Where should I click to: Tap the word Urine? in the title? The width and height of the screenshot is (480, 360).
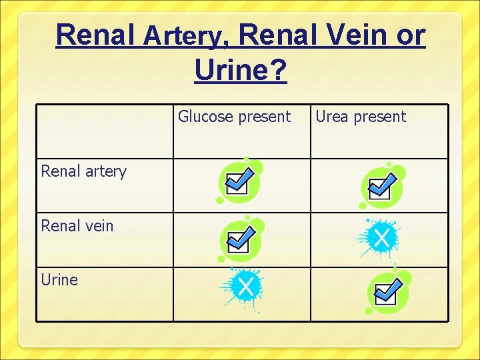[241, 69]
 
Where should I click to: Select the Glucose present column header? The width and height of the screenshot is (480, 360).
[234, 117]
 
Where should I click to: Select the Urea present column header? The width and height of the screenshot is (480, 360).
[360, 117]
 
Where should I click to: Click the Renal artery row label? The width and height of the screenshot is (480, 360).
[83, 171]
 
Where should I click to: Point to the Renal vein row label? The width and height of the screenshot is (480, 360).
[77, 225]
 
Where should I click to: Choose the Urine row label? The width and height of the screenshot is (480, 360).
[59, 279]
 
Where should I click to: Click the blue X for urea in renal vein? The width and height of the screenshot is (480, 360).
[381, 237]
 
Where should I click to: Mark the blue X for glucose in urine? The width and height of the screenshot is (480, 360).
[245, 288]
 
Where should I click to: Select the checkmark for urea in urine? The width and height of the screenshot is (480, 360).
[386, 291]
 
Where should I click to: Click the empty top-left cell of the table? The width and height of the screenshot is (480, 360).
[105, 131]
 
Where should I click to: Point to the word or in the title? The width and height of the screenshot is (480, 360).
[410, 35]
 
